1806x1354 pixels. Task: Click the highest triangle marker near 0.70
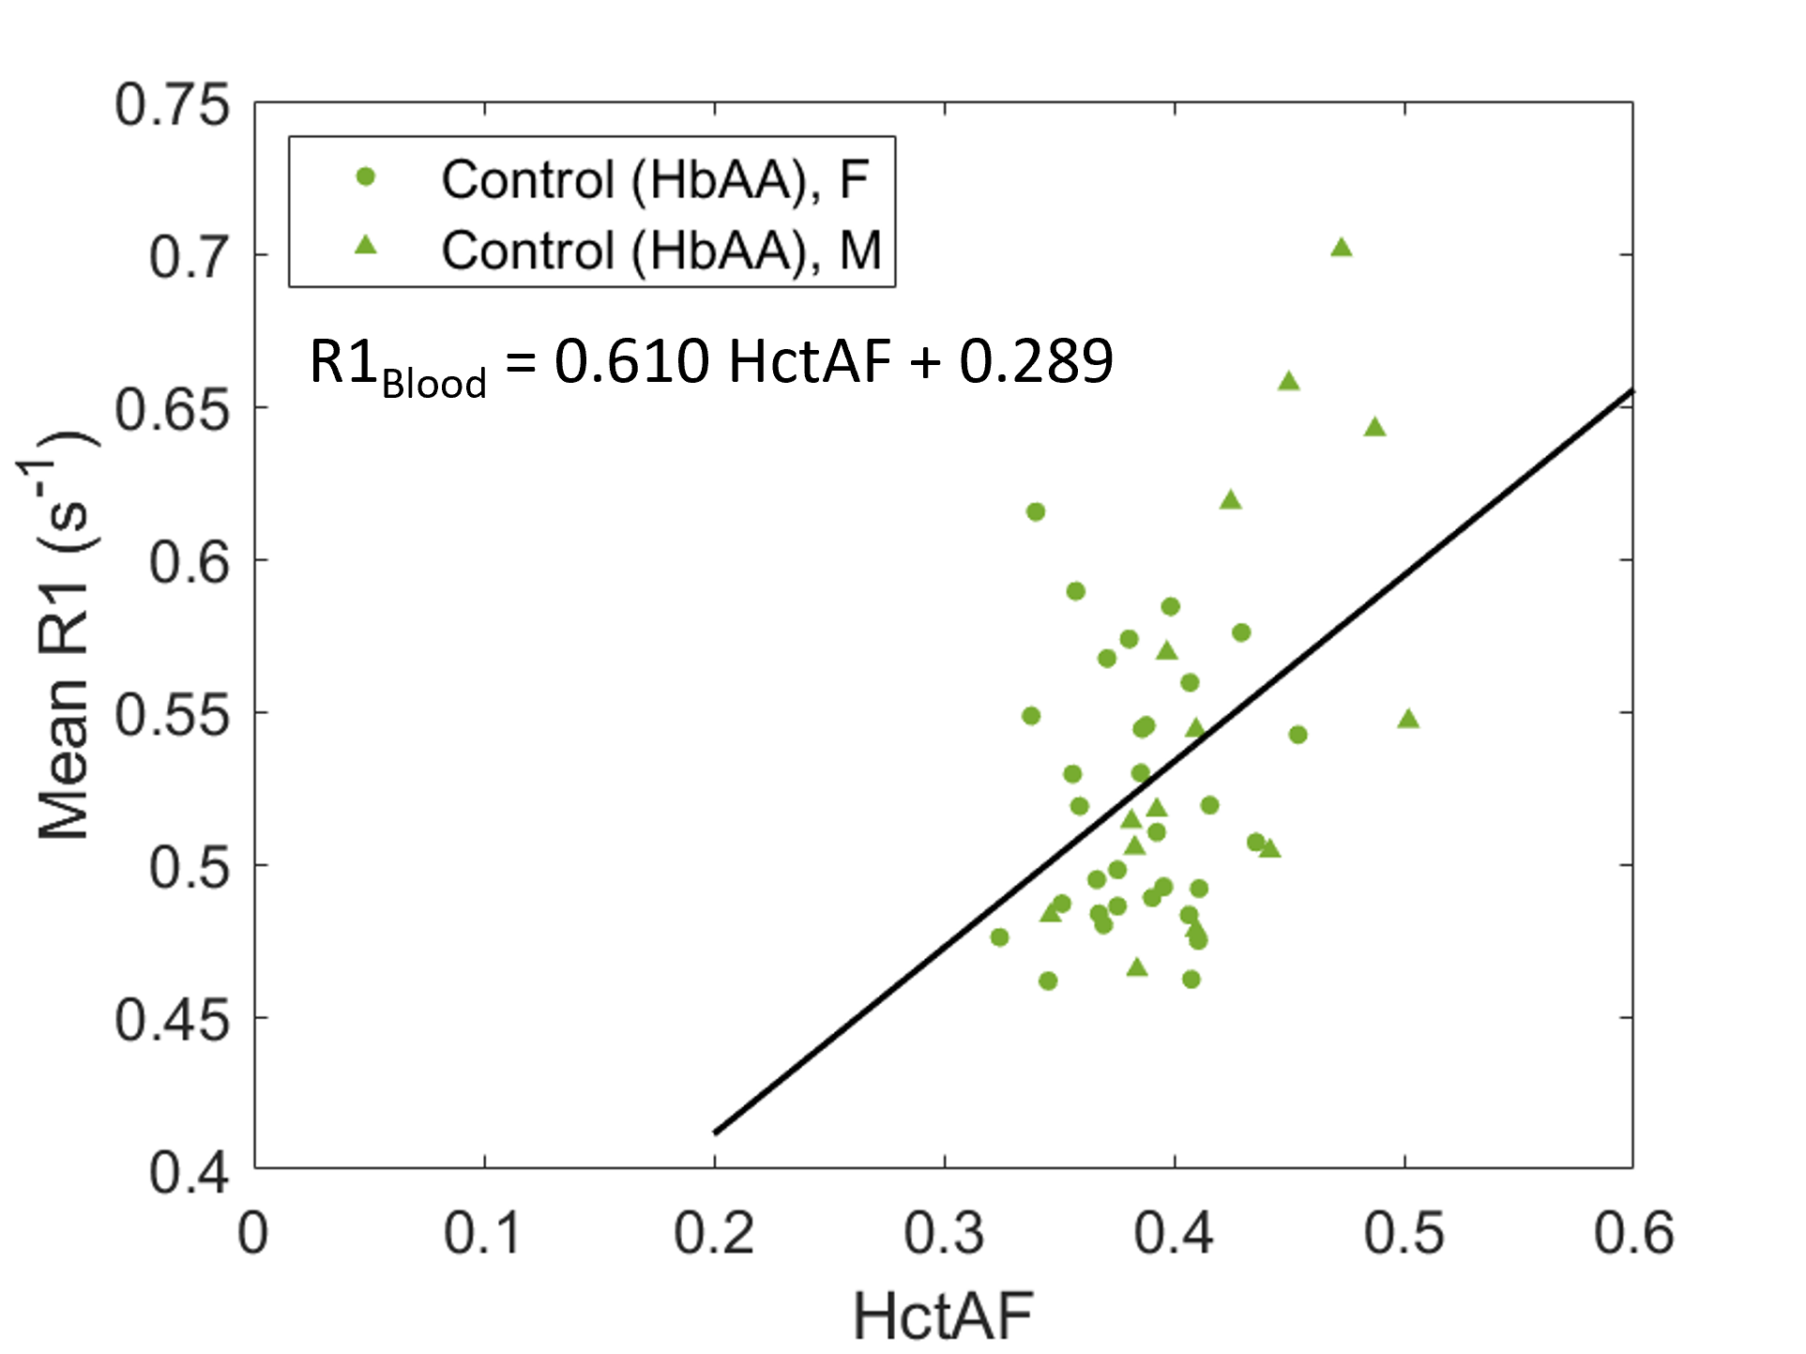pos(1342,248)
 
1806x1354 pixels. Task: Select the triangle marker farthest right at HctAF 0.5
pos(1408,719)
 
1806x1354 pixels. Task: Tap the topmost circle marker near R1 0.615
pos(1036,511)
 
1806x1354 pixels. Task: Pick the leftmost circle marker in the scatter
pos(999,936)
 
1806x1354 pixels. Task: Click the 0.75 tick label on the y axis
pos(172,104)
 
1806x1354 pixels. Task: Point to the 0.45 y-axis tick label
pos(172,1019)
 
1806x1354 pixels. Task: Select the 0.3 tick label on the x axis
pos(945,1233)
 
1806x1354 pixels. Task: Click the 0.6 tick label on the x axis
pos(1634,1233)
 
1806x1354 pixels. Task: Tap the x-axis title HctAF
pos(943,1316)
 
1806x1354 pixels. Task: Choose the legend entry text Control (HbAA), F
pos(656,179)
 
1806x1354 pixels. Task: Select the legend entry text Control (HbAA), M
pos(661,251)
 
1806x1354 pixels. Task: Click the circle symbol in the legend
pos(366,176)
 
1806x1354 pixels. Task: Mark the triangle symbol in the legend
pos(366,246)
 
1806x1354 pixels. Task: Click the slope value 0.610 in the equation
pos(631,360)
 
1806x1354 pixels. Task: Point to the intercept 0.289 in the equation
pos(1036,360)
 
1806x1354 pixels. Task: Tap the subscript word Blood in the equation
pos(434,383)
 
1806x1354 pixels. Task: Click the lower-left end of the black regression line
pos(716,1133)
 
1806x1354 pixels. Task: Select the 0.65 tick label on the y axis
pos(172,409)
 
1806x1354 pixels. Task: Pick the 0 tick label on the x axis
pos(253,1233)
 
